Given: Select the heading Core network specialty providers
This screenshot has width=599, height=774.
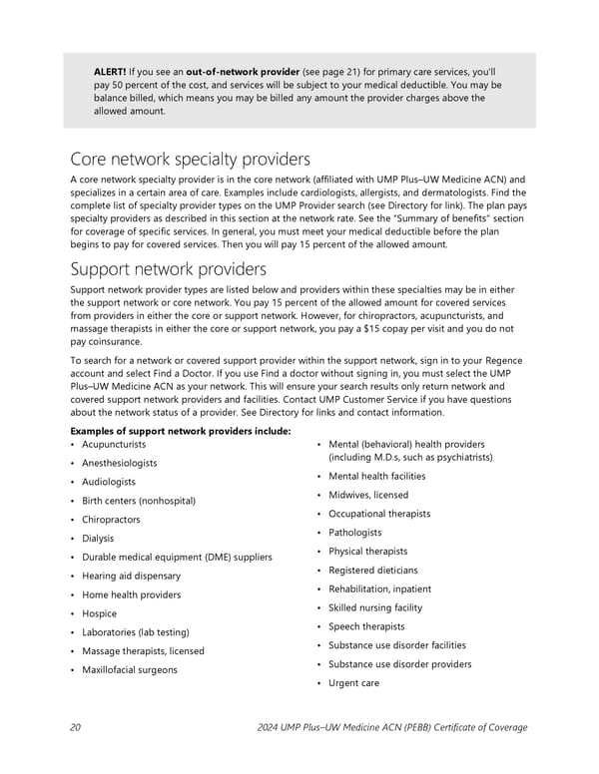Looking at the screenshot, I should pos(190,160).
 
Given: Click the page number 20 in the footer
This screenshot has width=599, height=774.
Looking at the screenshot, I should pos(76,727).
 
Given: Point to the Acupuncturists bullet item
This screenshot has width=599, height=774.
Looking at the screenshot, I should pos(114,444).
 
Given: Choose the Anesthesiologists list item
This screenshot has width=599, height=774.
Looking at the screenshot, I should pos(120,463).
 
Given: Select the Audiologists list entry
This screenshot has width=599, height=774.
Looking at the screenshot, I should pos(109,482).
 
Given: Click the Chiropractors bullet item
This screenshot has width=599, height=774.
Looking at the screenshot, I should pos(111,520).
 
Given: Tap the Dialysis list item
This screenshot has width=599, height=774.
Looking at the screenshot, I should pos(98,539).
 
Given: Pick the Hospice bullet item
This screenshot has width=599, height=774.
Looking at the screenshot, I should pos(99,613).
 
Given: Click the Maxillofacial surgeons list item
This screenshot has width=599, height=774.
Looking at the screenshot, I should pos(130,669).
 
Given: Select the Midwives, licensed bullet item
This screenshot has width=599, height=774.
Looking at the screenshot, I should pos(367,495).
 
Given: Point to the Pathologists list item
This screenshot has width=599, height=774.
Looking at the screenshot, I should pos(354,533).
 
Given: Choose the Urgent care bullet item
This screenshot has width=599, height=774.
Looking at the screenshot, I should pos(353,683).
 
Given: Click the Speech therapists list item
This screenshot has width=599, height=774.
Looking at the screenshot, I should pos(366,626).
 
